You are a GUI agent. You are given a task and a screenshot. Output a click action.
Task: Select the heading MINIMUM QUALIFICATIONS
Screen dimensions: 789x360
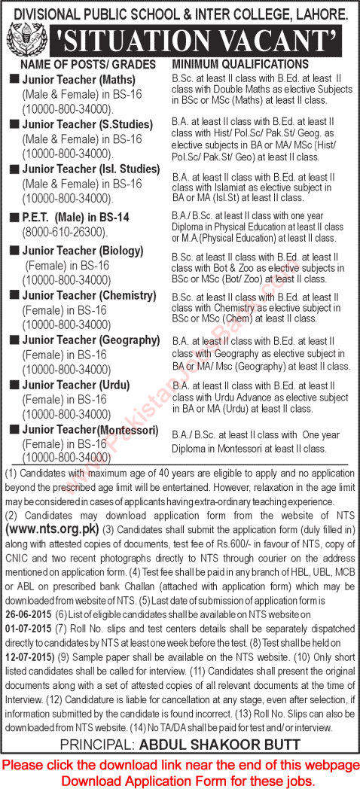click(240, 65)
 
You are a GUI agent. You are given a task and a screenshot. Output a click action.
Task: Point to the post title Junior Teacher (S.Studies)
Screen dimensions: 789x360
click(79, 123)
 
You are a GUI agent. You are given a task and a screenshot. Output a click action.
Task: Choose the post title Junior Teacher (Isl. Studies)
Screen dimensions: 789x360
click(85, 169)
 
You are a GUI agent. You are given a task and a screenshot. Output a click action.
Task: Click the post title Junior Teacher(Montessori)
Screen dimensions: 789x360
click(90, 429)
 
